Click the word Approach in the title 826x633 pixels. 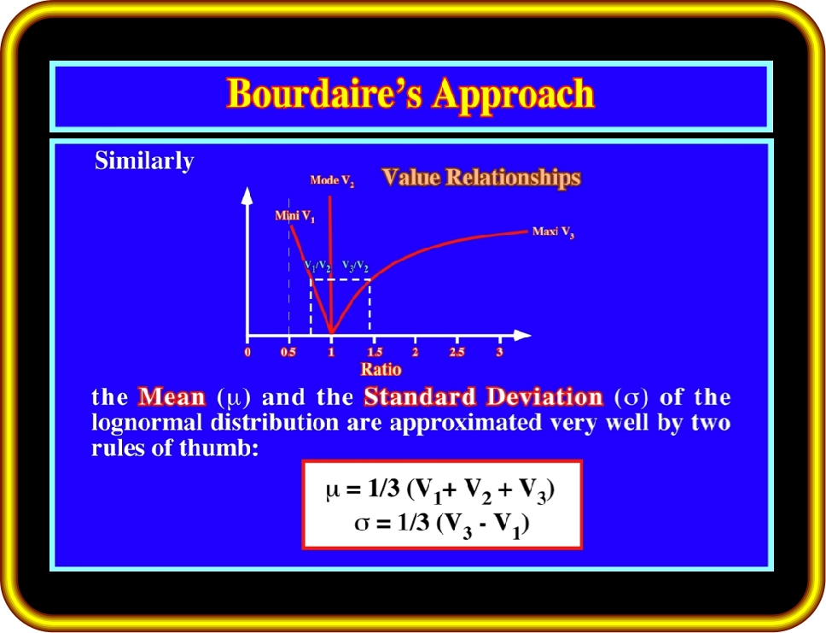point(514,96)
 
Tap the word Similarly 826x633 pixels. point(144,161)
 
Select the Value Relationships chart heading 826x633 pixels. point(481,177)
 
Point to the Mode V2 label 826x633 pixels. point(332,181)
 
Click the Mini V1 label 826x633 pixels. point(295,216)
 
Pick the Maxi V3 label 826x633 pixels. point(553,232)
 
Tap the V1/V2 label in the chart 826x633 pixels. point(317,267)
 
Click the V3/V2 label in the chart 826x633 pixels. point(356,267)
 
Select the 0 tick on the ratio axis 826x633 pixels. point(247,352)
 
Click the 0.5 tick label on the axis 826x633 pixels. point(288,352)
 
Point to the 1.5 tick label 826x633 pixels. point(375,352)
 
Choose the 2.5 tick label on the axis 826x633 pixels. point(457,352)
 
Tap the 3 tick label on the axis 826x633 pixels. point(499,352)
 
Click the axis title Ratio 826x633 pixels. point(381,369)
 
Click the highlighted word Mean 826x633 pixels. point(172,396)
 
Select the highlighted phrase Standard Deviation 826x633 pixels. point(483,396)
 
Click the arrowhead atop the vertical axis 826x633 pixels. point(247,196)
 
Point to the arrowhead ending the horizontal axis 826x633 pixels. point(522,335)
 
